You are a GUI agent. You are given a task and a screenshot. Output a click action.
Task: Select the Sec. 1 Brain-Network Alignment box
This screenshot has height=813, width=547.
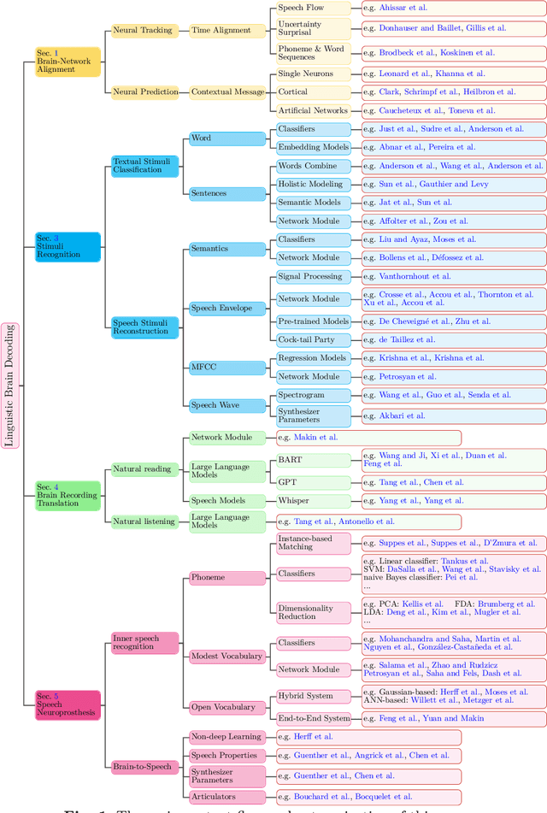tap(68, 62)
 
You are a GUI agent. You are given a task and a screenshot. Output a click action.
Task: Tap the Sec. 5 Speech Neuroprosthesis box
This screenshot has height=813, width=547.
tap(68, 704)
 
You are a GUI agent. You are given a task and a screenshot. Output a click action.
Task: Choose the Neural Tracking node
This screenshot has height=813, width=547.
tap(144, 30)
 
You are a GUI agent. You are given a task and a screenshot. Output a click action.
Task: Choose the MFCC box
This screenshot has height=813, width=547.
tap(226, 367)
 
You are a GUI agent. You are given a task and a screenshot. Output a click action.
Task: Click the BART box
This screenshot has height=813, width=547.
tap(313, 460)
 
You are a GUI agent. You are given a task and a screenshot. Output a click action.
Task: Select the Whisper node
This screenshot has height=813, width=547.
tap(313, 501)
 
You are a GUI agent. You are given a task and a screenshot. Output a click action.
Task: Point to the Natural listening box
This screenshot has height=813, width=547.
tap(144, 521)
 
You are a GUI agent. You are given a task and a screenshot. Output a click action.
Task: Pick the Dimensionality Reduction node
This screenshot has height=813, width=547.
tap(313, 612)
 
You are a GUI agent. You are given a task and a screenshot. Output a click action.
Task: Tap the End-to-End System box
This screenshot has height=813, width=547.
tap(313, 718)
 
